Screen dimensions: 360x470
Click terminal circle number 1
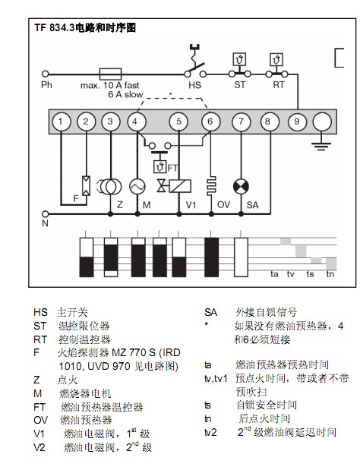[62, 121]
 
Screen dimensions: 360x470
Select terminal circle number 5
[179, 121]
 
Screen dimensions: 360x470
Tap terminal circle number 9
[297, 121]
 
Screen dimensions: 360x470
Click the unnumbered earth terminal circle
[322, 121]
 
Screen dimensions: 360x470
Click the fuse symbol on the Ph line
[110, 74]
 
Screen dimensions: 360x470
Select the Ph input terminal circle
[46, 74]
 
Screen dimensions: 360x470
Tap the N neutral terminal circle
[46, 214]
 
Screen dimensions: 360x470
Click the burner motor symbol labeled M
[137, 187]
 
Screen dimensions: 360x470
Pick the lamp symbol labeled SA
[241, 187]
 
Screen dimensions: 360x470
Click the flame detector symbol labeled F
[86, 185]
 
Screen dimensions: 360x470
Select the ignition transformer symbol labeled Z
[109, 187]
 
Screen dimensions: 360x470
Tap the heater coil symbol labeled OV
[211, 186]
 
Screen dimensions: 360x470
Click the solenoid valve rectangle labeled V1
[180, 186]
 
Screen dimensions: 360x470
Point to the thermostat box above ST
[239, 59]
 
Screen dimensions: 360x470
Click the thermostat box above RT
[276, 59]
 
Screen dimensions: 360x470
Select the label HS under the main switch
[195, 85]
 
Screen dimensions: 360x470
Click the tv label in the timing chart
[290, 274]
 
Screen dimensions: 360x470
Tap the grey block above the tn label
[331, 263]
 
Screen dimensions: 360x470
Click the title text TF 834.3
[54, 28]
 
